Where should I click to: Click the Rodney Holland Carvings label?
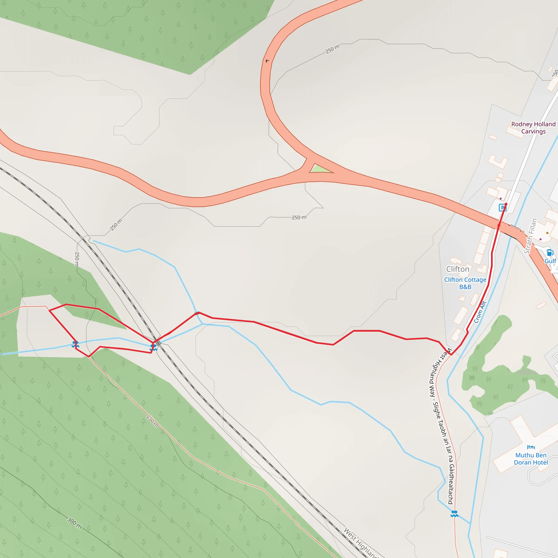coord(533,128)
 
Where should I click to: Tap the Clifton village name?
coord(458,269)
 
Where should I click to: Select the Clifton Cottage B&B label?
coord(465,283)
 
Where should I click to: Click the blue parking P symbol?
coord(502,207)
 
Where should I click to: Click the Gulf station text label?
coord(550,261)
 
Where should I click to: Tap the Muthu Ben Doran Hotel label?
coord(531,459)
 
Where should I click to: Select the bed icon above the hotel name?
coord(531,447)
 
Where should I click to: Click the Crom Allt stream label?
coord(480,312)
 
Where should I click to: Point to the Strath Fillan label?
coord(530,236)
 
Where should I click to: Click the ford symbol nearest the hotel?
coord(454,514)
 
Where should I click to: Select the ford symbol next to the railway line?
coord(153,347)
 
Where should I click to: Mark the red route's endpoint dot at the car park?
coord(506,204)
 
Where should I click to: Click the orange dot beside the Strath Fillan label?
coord(547,233)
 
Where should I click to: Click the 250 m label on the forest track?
coord(152,421)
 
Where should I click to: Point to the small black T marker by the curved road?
coord(267,61)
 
